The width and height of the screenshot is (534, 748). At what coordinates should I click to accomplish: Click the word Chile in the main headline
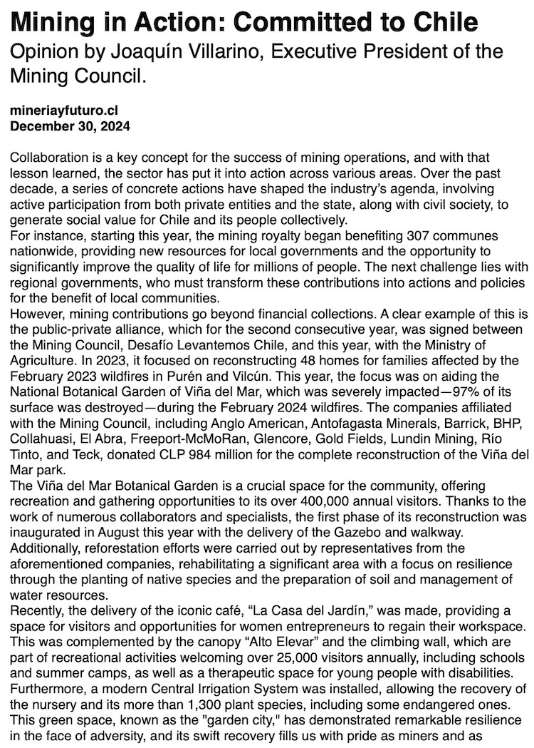[445, 23]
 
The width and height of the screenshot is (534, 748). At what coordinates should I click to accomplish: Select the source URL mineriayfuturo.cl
[65, 113]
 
